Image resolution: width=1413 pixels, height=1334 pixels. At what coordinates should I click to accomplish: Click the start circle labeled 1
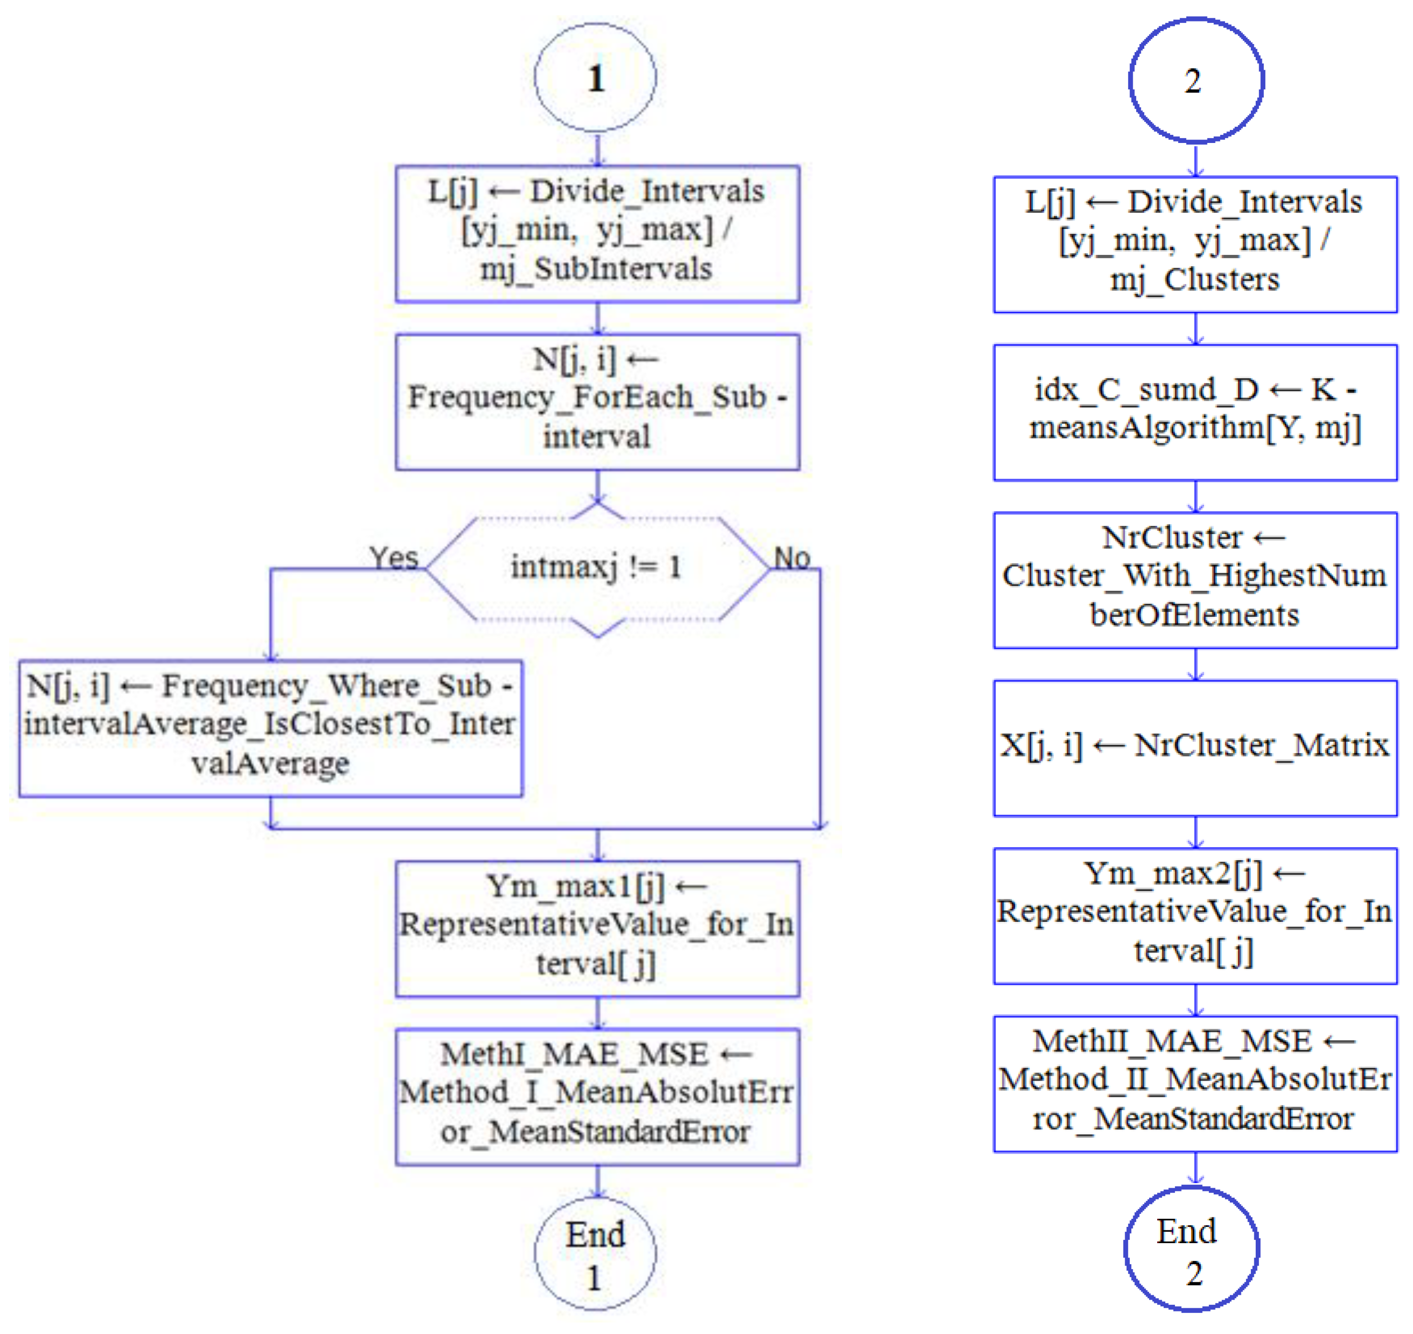(x=595, y=77)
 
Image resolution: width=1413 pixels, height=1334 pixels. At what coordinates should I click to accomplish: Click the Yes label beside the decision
(x=393, y=558)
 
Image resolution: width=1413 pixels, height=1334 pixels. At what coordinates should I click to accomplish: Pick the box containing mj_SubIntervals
(x=597, y=233)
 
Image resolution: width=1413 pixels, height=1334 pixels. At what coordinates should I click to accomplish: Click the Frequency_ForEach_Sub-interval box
(x=597, y=402)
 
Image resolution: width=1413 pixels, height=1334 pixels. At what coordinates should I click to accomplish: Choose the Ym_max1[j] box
(x=597, y=928)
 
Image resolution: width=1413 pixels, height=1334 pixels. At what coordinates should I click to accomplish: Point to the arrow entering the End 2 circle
(x=1195, y=1168)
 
